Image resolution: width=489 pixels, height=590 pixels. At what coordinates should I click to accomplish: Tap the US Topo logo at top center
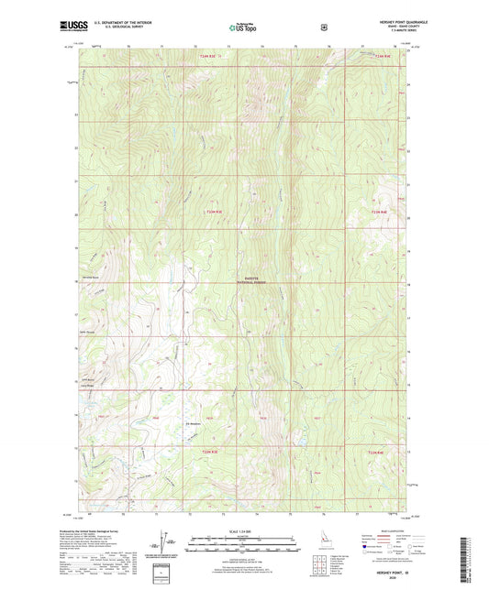pos(244,27)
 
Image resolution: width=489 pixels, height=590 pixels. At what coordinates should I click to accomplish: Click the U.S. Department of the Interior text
pos(114,21)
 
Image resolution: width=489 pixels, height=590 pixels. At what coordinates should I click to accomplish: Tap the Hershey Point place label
pos(89,278)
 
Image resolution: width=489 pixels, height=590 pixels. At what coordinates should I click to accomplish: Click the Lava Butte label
pos(88,379)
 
